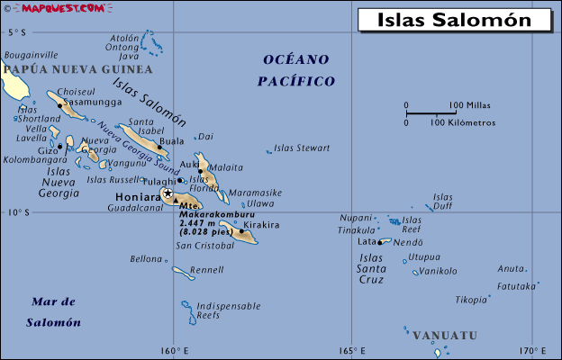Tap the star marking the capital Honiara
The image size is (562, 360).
[168, 193]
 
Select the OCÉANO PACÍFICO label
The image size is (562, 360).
[295, 70]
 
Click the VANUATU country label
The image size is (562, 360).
[445, 336]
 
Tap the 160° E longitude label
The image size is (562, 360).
[175, 351]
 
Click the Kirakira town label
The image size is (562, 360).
[262, 225]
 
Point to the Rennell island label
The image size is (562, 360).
[207, 269]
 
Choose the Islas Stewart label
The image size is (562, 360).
[302, 148]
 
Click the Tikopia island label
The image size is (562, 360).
[471, 300]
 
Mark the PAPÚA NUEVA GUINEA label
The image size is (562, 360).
[77, 69]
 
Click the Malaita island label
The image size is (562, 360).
[226, 167]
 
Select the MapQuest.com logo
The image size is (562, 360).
[41, 8]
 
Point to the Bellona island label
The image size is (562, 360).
[146, 259]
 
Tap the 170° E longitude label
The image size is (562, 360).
[533, 351]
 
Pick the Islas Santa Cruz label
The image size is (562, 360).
[371, 268]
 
